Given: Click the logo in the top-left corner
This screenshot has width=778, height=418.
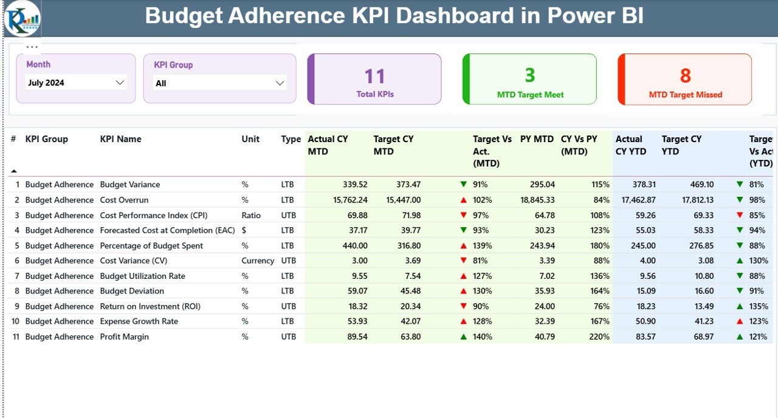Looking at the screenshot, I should point(22,18).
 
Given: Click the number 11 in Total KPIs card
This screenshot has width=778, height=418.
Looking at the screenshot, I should point(374,76).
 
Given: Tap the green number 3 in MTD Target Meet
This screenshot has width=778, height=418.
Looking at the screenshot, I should point(530,75).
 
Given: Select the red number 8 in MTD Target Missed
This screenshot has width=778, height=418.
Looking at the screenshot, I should point(685,75).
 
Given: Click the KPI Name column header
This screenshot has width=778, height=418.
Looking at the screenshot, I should point(120,139).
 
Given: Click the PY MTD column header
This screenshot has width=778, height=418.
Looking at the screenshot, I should point(537,139).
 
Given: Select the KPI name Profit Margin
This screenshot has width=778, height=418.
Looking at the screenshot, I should point(124,337).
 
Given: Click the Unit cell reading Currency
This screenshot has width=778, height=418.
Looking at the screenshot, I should point(257,261).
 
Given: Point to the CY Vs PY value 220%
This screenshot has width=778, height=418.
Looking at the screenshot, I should point(599,337).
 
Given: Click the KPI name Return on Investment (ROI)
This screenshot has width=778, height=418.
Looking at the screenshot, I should point(150,306).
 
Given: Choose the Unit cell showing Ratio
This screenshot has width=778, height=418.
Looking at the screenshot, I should point(250,215).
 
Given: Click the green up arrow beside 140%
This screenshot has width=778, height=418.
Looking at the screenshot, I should point(464,337).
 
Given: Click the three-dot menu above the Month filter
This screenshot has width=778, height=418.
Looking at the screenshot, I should point(32,47).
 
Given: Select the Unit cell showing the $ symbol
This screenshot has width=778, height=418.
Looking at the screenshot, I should point(244,230).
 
